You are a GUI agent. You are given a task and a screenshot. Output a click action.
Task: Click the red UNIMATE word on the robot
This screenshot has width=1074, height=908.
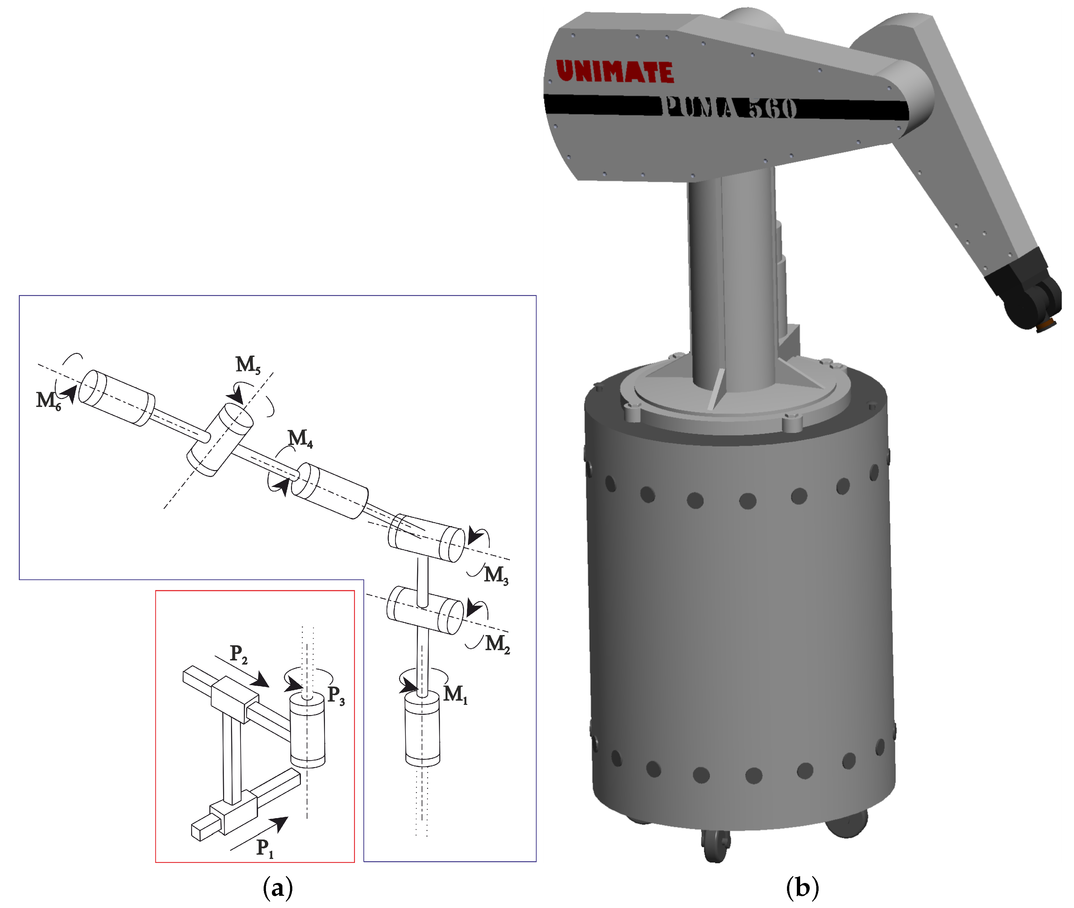(615, 71)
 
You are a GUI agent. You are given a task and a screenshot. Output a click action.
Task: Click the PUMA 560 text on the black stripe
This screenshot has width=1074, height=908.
(729, 108)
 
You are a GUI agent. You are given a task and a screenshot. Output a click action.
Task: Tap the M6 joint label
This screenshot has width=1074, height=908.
(48, 400)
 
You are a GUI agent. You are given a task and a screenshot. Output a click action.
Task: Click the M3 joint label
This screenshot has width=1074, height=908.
(496, 574)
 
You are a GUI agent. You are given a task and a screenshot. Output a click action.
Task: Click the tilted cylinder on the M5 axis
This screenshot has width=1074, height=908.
(219, 440)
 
